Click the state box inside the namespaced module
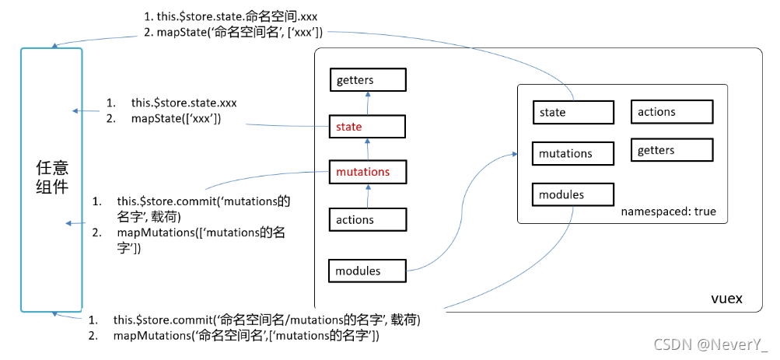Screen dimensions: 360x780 coord(573,112)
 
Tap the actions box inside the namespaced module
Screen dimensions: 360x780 coord(672,111)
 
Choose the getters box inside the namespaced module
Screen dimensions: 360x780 coord(672,150)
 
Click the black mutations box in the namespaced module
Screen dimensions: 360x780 coord(573,153)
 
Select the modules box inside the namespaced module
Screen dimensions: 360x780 coord(573,194)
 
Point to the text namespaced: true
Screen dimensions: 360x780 coord(668,211)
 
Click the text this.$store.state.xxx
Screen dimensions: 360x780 coord(184,103)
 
